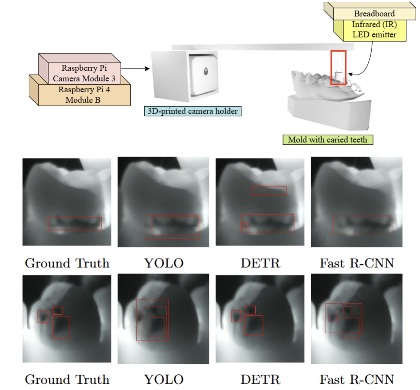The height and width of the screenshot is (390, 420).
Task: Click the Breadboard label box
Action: pos(374,14)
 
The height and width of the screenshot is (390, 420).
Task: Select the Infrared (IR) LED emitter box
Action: pos(374,30)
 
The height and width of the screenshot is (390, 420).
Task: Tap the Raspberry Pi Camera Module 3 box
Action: pos(84,73)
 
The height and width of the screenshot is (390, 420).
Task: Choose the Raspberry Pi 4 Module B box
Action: pos(84,95)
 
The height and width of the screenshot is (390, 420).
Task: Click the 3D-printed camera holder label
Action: pos(193,111)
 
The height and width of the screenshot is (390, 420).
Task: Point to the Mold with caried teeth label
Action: pos(327,140)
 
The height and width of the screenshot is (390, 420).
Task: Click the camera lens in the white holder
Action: pos(206,71)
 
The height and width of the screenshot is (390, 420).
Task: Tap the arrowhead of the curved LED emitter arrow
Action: pos(350,74)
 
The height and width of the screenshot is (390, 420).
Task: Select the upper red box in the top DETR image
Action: pos(269,190)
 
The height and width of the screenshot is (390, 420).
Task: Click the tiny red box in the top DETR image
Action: pos(245,225)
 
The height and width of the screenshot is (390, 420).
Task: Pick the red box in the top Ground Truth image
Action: pos(75,223)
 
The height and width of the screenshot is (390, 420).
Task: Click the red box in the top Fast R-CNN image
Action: pos(362,225)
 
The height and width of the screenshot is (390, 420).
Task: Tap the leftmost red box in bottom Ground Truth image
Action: pos(43,316)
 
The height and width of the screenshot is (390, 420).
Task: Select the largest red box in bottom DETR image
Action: pos(253,325)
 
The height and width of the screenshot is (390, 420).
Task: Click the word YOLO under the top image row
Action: pos(164,263)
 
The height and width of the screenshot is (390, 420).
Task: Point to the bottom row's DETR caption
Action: pos(260,380)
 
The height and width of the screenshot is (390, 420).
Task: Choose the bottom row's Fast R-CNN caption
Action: pos(357,380)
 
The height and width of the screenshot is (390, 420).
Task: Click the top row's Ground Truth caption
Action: pos(67,263)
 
